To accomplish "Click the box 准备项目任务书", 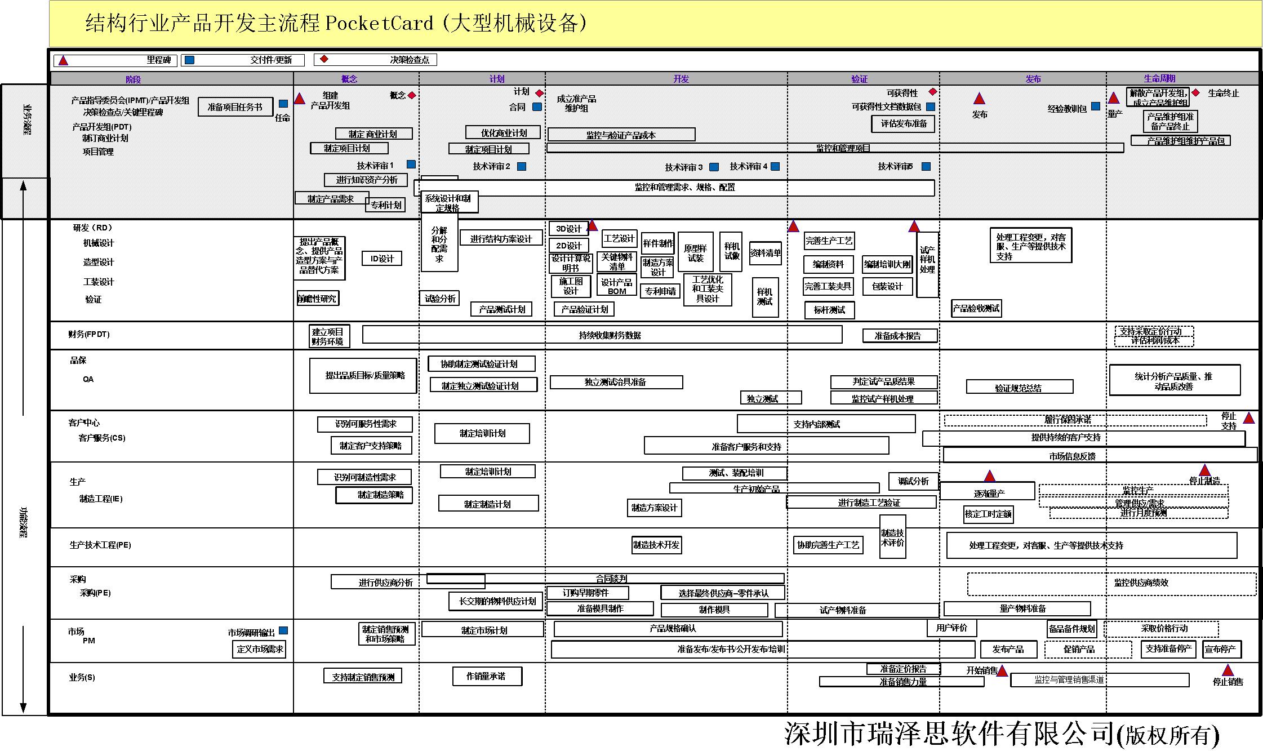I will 235,106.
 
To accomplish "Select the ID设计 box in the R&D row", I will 382,259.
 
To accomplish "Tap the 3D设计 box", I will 568,228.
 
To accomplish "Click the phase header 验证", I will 860,79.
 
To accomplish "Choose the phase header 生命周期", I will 1159,79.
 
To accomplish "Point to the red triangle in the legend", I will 64,60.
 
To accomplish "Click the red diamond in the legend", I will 324,59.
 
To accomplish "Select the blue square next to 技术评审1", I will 411,165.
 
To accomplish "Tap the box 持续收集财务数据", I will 610,335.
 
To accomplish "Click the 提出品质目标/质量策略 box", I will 363,375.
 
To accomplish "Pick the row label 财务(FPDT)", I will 89,334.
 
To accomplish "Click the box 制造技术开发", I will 656,545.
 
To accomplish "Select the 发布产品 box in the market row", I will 1008,649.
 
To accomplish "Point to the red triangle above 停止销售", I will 1228,670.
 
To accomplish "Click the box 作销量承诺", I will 486,676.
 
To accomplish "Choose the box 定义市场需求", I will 260,649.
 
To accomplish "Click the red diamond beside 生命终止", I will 1195,92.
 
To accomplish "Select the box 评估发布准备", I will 904,123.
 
